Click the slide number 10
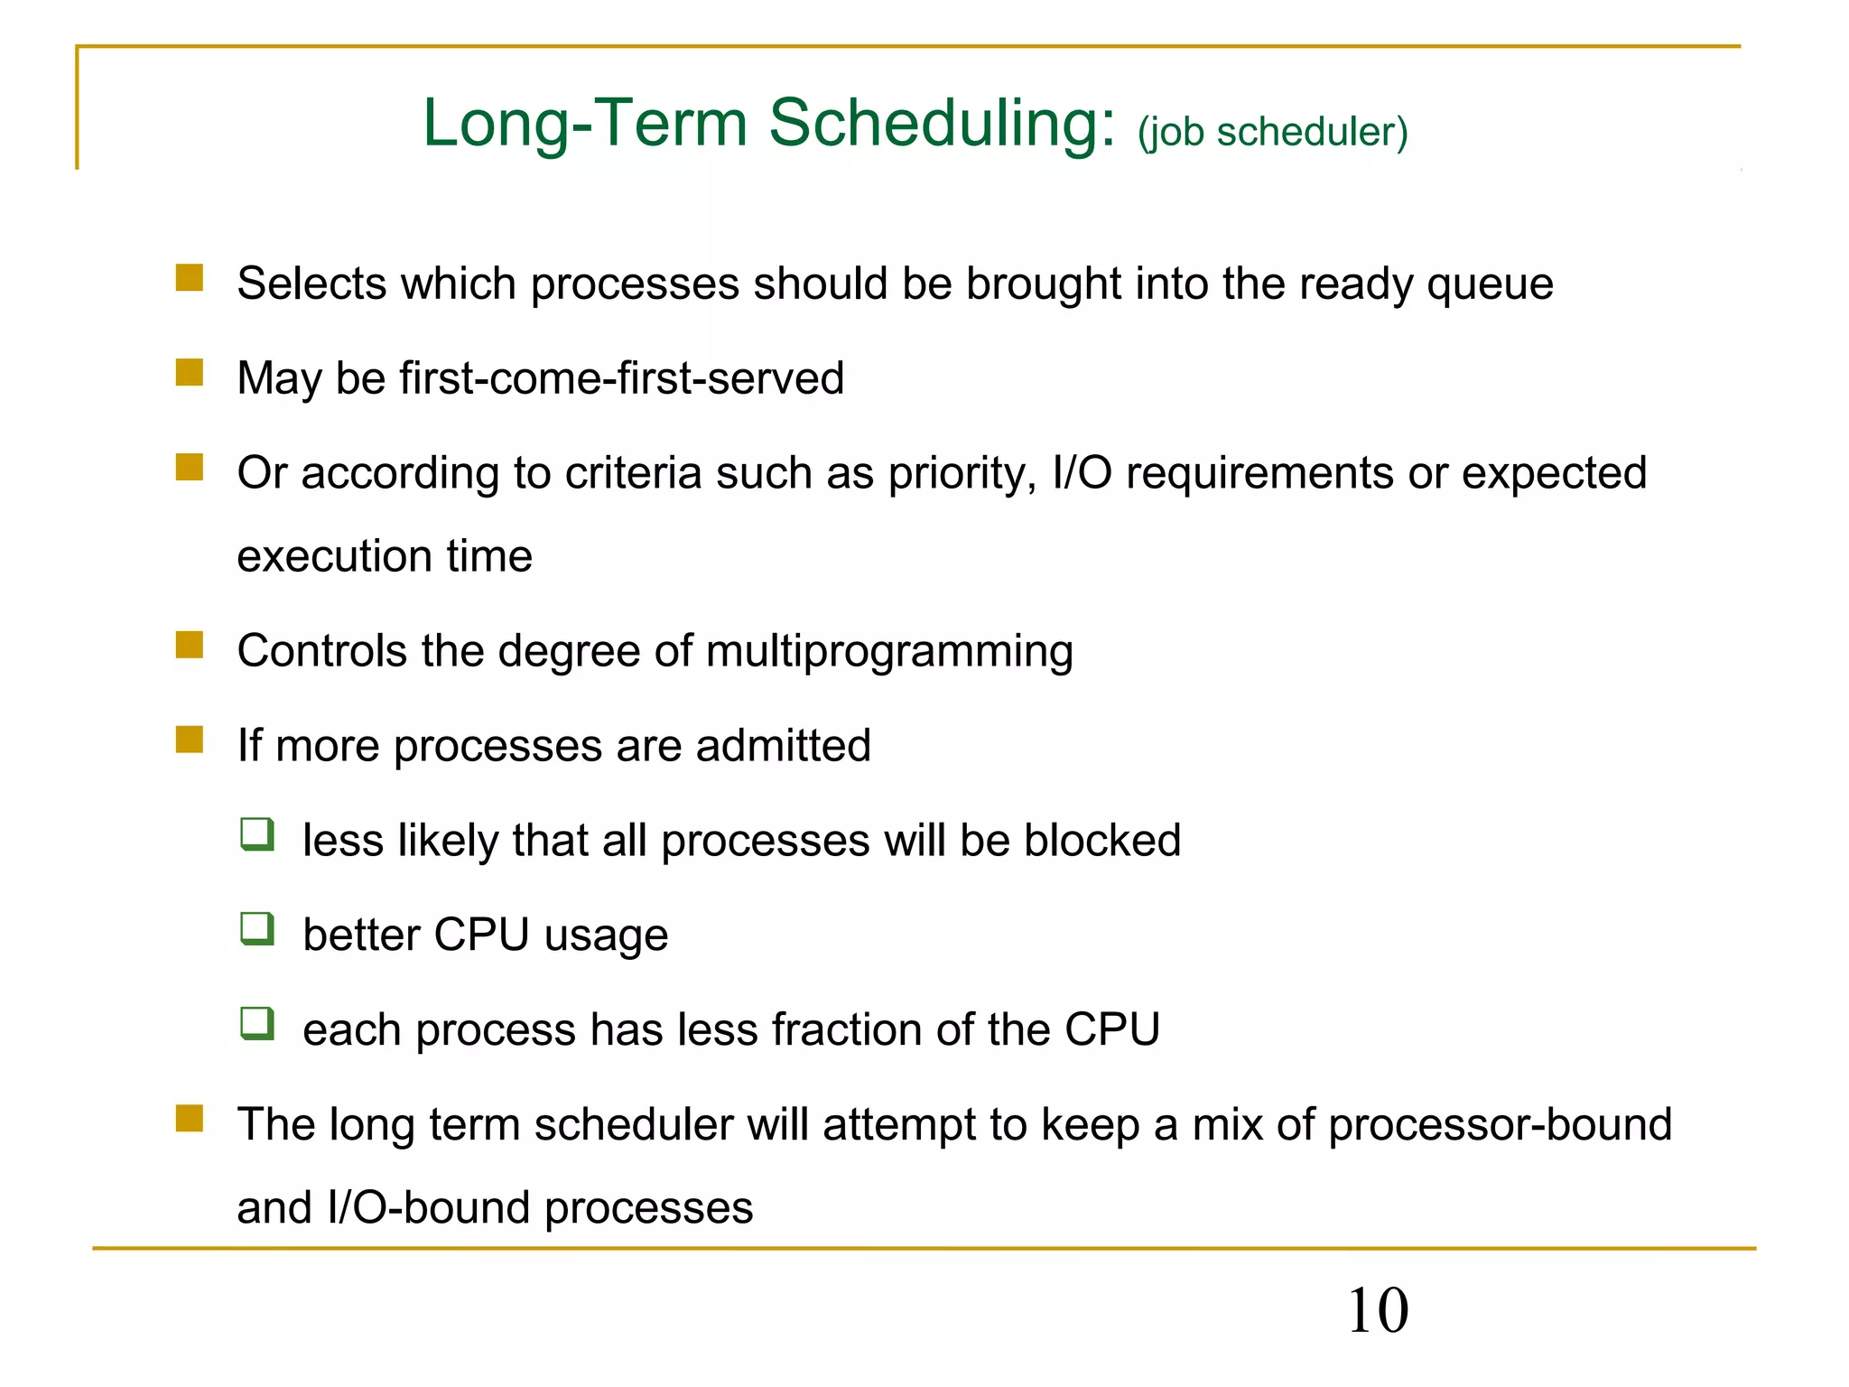pos(1378,1310)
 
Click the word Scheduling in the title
pos(942,124)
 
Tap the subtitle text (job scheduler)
pos(1272,132)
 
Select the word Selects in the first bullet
pos(312,284)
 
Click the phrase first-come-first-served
pos(622,377)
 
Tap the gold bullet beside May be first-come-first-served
pos(190,372)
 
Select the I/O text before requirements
pos(1082,472)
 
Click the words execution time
pos(385,555)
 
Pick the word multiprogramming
pos(889,652)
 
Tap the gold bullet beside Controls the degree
pos(190,646)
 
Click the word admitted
pos(783,746)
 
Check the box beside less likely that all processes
pos(257,834)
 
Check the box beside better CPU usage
pos(257,928)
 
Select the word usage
pos(606,936)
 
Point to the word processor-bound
pos(1500,1125)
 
